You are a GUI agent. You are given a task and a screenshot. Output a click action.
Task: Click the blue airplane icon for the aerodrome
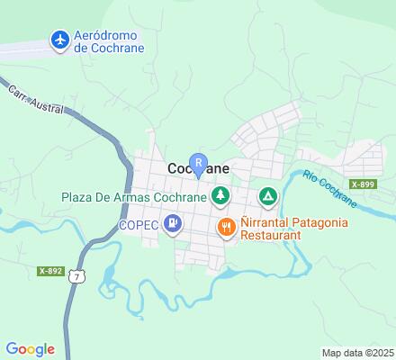coord(60,40)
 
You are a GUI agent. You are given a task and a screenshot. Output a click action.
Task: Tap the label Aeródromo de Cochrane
coord(109,40)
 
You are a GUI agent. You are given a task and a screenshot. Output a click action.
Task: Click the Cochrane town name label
coord(198,168)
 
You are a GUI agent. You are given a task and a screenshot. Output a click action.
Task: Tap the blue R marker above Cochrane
coord(198,160)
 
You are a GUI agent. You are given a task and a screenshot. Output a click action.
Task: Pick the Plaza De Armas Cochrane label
coord(133,196)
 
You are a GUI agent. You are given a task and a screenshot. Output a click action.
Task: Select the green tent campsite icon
coord(268,195)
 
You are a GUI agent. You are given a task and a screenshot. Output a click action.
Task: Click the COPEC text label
coord(138,224)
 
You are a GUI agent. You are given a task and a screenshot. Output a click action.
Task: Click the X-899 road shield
coord(364,184)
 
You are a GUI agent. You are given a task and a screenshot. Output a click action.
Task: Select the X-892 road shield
coord(50,270)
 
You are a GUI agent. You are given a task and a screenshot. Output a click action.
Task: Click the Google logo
coord(30,349)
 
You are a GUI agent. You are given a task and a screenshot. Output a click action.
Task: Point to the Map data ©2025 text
coord(358,352)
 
